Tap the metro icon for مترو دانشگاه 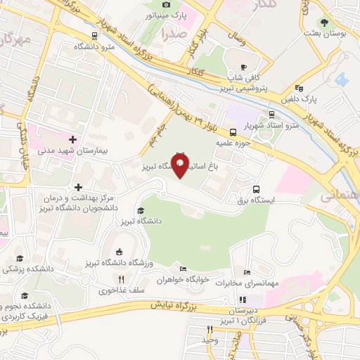click(95, 37)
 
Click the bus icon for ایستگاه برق click(257, 189)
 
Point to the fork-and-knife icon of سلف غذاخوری click(121, 279)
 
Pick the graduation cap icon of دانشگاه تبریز click(140, 210)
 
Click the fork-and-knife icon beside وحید click(209, 330)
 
